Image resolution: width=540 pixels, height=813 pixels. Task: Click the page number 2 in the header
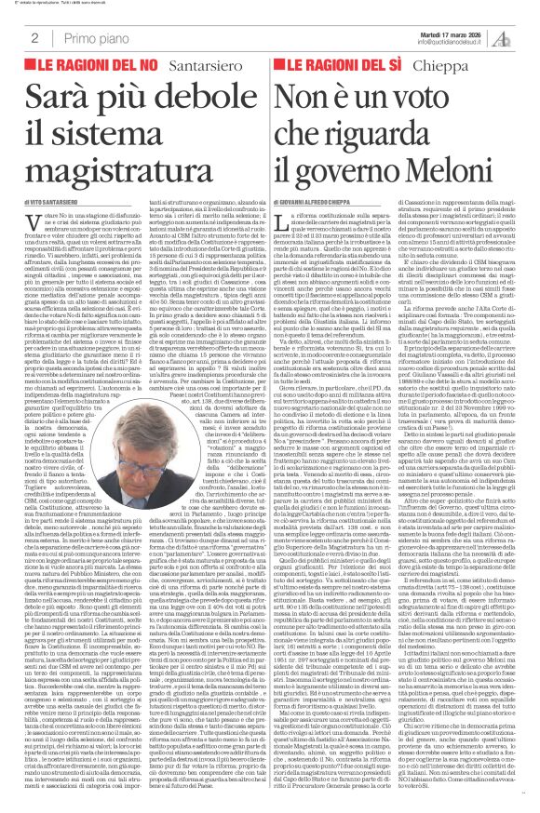(34, 38)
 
